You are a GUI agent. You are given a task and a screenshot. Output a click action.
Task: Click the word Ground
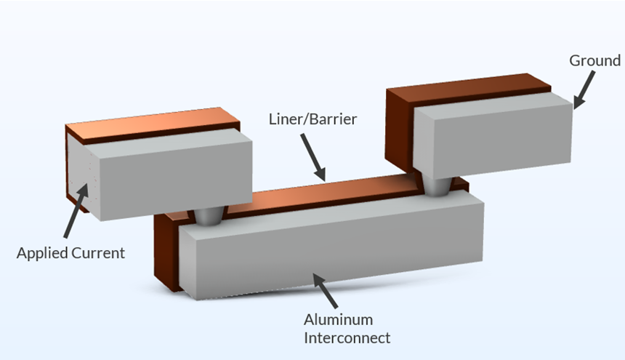click(594, 60)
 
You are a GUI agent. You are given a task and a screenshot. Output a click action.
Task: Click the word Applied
click(42, 254)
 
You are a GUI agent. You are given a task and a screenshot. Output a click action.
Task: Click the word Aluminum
click(338, 320)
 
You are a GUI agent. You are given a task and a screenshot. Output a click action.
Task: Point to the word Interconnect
click(347, 337)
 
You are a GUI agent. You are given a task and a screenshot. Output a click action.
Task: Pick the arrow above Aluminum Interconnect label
click(328, 291)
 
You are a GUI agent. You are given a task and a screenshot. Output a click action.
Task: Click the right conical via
click(437, 186)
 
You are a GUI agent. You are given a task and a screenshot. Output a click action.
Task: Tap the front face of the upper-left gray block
click(171, 177)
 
